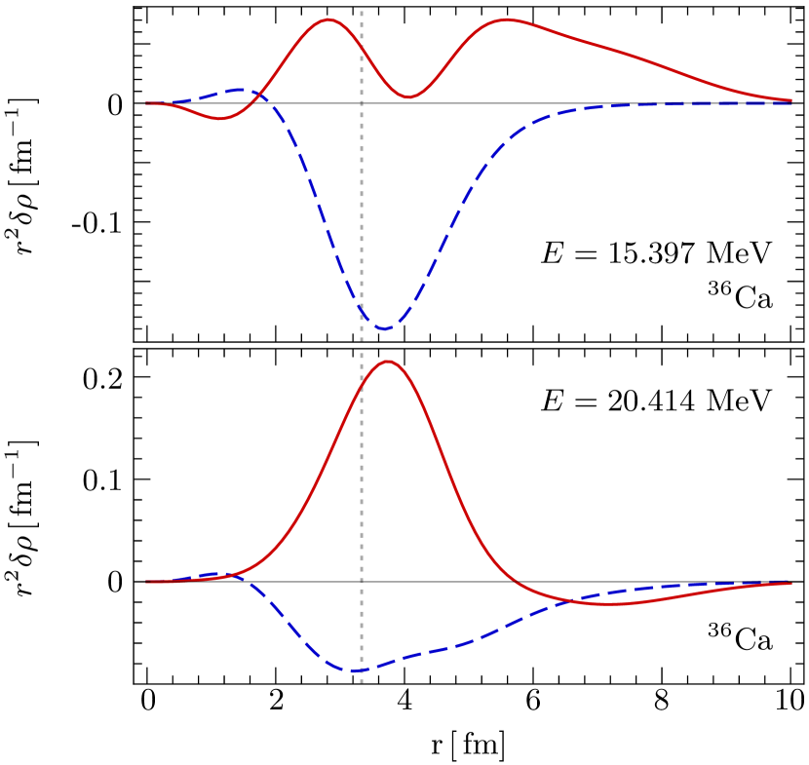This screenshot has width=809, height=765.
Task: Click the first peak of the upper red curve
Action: [328, 19]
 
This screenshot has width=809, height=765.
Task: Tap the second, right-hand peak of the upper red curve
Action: [507, 19]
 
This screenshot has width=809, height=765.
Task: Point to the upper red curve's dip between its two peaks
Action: [408, 97]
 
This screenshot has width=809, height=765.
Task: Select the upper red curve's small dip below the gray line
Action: [221, 119]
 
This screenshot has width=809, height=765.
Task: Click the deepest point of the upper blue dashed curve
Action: [384, 329]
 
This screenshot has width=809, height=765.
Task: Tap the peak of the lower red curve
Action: [389, 362]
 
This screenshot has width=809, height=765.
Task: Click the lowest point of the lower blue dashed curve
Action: [357, 670]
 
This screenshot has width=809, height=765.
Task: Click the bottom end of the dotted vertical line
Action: [362, 681]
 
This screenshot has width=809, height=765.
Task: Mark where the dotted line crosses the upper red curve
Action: [362, 46]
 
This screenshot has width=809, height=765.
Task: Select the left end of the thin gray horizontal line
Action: [146, 102]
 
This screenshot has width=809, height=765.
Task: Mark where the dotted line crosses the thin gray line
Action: [362, 102]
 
